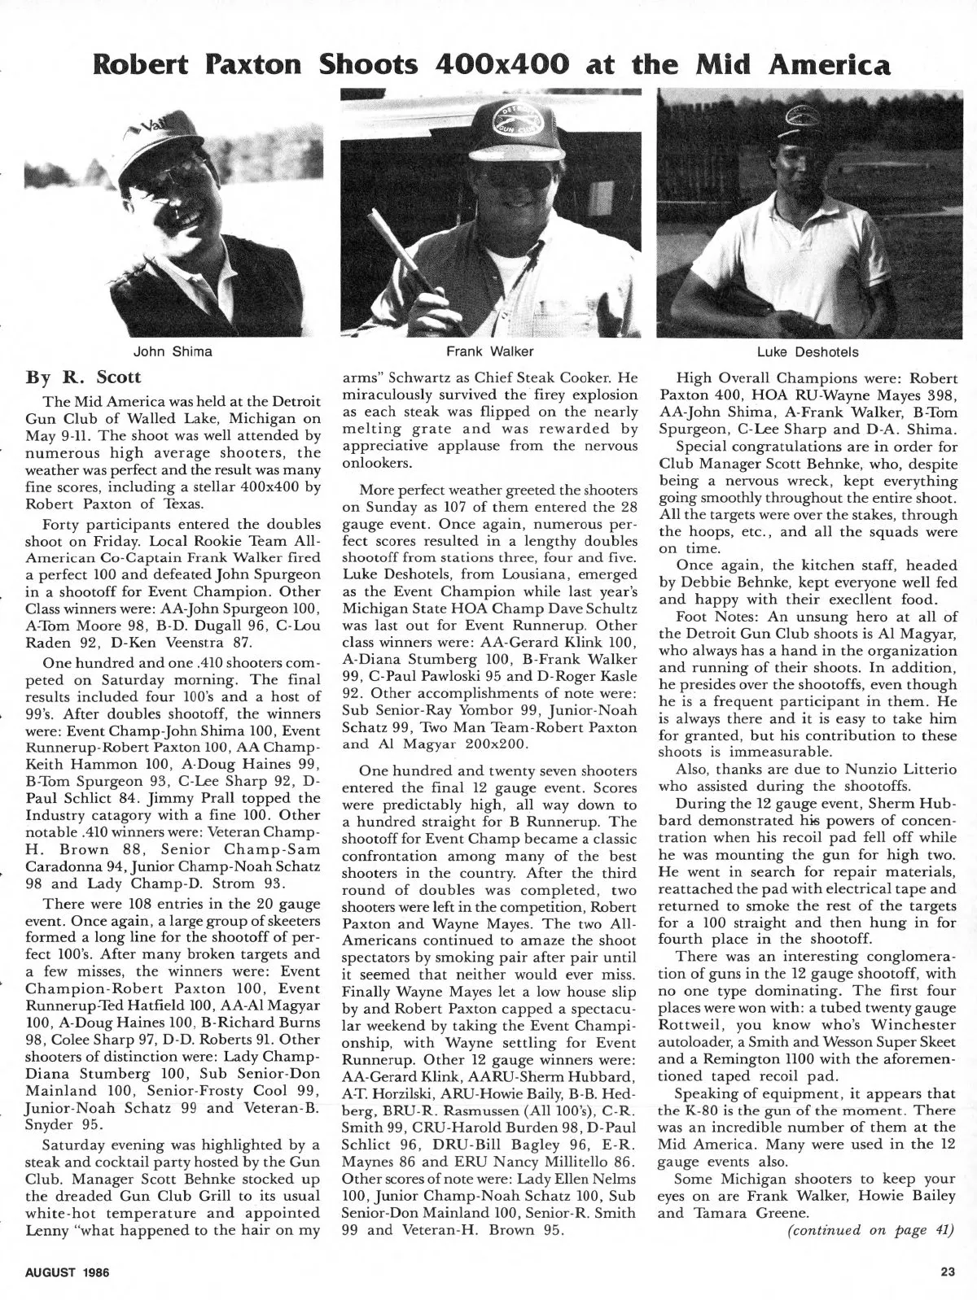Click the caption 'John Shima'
[x=173, y=351]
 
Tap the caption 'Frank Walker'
[x=489, y=351]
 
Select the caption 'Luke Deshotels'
[x=807, y=351]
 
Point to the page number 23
[x=946, y=1273]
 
